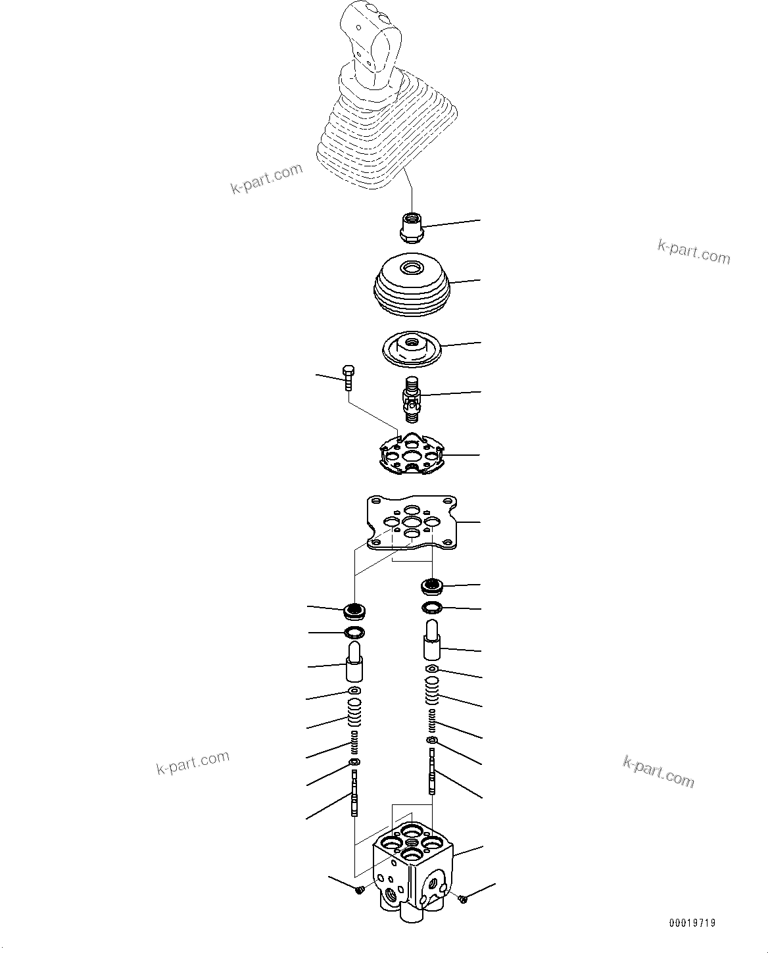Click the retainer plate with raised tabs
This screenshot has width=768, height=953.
pos(412,454)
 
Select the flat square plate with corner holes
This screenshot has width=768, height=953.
pos(412,523)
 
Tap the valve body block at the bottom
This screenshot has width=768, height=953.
pos(412,868)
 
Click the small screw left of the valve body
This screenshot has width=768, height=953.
pos(359,889)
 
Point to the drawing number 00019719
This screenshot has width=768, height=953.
pos(692,923)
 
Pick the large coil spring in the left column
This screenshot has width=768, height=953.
pos(354,714)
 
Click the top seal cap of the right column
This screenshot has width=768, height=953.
pos(432,585)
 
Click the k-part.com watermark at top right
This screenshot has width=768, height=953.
pos(694,251)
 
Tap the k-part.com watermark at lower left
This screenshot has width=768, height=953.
pos(193,762)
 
